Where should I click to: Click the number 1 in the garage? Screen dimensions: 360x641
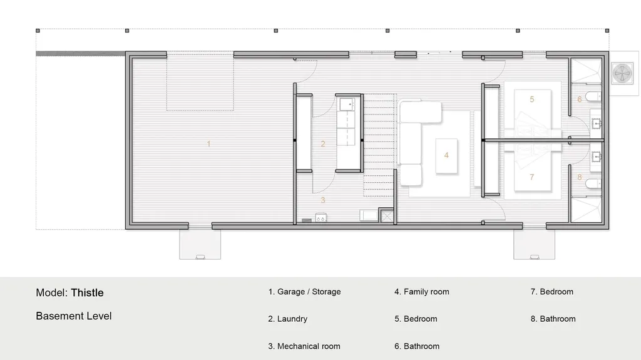coord(208,144)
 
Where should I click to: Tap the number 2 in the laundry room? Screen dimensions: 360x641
coord(323,144)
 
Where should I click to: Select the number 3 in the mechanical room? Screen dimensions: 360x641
coord(323,200)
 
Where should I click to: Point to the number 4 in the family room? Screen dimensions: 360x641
coord(446,155)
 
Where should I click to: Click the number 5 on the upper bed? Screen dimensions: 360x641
coord(532,99)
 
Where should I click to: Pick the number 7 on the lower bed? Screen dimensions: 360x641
coord(532,177)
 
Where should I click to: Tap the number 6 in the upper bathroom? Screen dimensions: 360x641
coord(580,99)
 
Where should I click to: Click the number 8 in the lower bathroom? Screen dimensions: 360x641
coord(580,177)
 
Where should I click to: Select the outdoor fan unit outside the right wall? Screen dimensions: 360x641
coord(622,73)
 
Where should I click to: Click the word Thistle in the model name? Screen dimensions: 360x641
coord(87,292)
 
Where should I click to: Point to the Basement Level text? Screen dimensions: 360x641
coord(74,316)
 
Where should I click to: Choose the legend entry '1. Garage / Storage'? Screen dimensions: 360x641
coord(304,292)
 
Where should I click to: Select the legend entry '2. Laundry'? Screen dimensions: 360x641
coord(287,319)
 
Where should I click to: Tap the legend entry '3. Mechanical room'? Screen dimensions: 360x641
coord(304,346)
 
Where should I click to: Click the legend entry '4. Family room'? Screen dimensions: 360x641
coord(421,292)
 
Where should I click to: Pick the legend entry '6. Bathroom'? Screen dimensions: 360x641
coord(416,346)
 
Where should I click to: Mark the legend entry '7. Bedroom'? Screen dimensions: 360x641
coord(551,292)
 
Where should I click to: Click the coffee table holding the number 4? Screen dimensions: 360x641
coord(446,155)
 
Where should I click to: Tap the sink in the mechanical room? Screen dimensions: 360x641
coord(321,219)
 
